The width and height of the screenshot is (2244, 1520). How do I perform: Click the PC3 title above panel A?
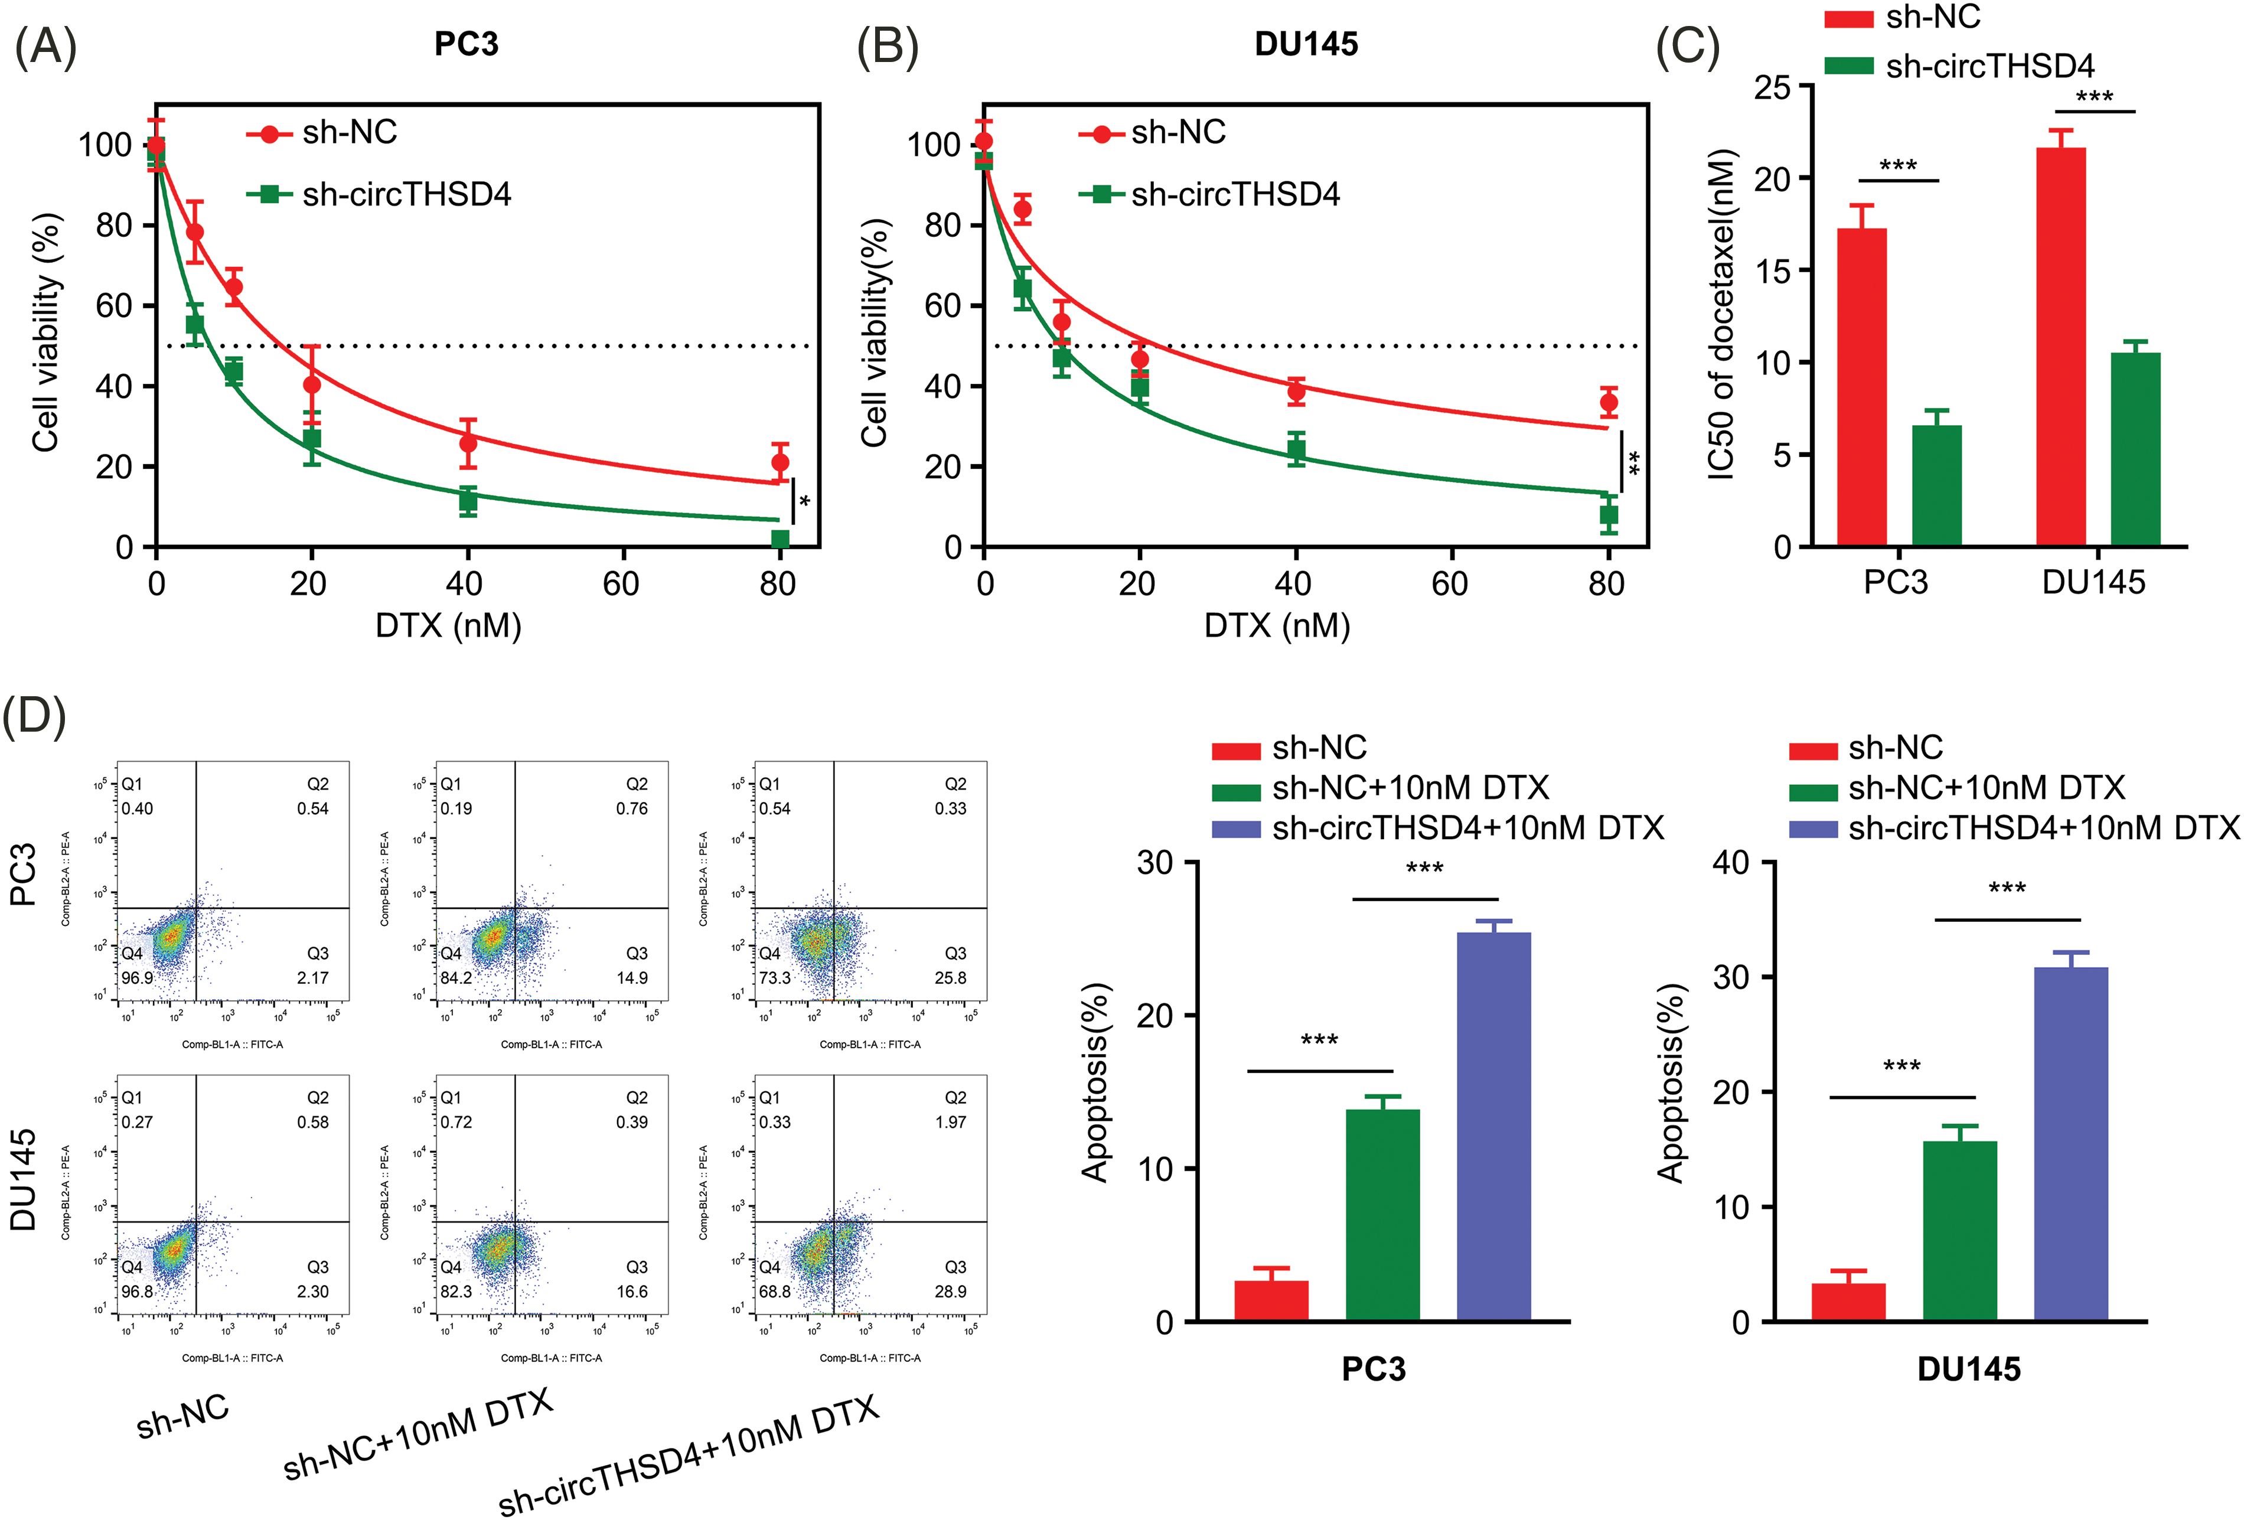coord(467,44)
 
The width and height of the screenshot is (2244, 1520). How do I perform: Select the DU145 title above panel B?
coord(1306,44)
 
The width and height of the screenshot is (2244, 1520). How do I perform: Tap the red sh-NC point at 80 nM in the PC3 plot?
coord(780,462)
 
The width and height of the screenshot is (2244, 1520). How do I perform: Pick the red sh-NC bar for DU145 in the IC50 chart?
coord(2060,348)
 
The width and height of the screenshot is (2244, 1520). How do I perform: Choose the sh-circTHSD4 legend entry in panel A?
coord(406,195)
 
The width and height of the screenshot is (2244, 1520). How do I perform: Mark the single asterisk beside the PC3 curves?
coord(804,502)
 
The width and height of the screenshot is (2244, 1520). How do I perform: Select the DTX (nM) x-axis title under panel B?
coord(1277,626)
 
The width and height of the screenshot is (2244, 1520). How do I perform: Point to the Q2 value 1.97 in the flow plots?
coord(950,1122)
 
